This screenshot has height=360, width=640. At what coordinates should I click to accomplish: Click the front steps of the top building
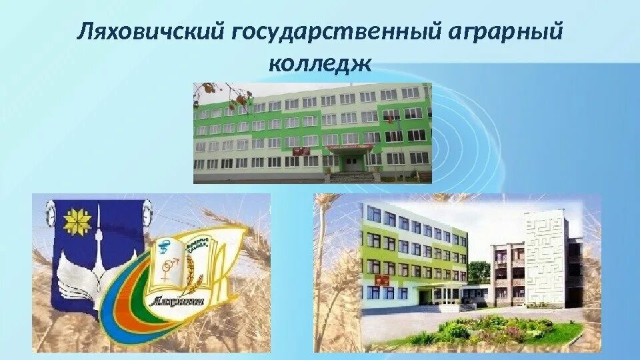352,177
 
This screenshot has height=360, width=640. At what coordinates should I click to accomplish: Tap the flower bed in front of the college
490,329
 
